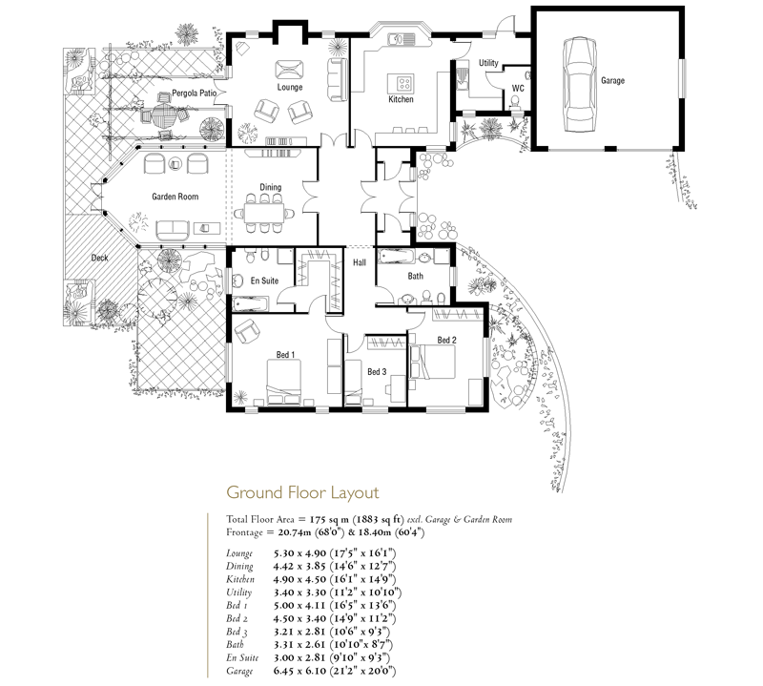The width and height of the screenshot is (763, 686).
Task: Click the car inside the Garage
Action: click(580, 84)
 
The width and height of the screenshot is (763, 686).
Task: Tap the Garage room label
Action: click(612, 81)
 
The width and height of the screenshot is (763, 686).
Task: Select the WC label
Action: click(518, 89)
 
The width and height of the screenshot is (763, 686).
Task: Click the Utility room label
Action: click(488, 63)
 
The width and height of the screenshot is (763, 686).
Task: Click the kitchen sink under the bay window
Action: click(402, 38)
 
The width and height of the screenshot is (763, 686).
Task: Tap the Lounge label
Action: click(290, 87)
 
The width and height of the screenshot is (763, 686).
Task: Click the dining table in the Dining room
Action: click(264, 214)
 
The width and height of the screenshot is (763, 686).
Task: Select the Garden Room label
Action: click(175, 197)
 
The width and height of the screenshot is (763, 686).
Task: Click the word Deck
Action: click(100, 258)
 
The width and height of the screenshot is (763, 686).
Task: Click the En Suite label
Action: click(264, 281)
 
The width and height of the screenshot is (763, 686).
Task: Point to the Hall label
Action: click(360, 262)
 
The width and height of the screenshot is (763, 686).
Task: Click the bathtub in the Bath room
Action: click(397, 256)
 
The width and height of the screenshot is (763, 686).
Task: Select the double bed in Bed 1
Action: click(283, 383)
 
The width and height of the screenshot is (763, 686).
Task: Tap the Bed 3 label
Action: click(377, 372)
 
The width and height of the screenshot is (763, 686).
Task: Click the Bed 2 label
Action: click(446, 340)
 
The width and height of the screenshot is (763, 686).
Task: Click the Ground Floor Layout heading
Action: click(302, 492)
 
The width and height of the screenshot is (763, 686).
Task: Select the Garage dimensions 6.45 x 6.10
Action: click(299, 672)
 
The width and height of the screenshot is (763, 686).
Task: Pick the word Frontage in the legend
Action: click(245, 532)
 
